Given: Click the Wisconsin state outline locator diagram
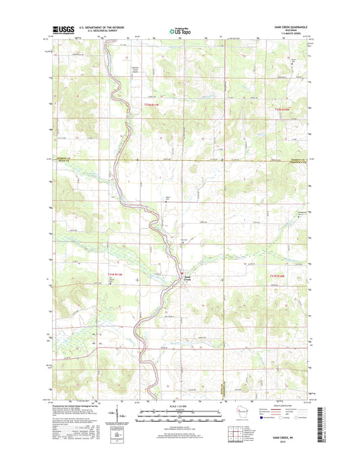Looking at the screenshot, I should point(234,412).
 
